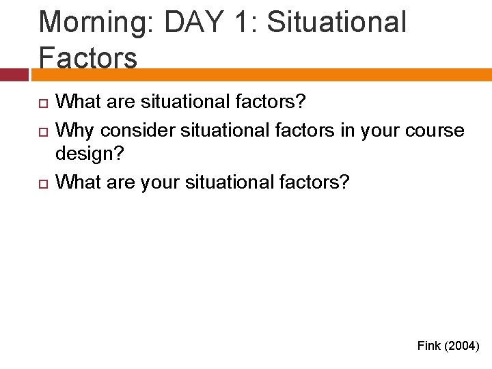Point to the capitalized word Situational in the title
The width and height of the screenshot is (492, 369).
pyautogui.click(x=337, y=22)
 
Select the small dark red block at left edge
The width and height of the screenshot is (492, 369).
pyautogui.click(x=14, y=75)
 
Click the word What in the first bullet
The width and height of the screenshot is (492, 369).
pyautogui.click(x=77, y=102)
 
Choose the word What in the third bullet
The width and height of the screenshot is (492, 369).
pyautogui.click(x=77, y=182)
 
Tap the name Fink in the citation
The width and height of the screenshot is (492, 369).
pyautogui.click(x=429, y=346)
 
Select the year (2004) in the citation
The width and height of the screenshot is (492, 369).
pyautogui.click(x=462, y=346)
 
